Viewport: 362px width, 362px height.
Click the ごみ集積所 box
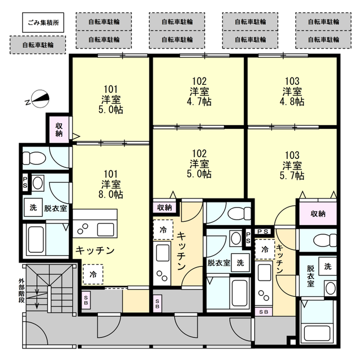[x=43, y=23]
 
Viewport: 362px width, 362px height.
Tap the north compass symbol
[x=40, y=99]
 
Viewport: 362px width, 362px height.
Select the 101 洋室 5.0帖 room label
[x=111, y=100]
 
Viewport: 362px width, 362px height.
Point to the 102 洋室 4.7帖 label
[x=199, y=91]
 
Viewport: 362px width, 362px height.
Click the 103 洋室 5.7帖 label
[x=292, y=165]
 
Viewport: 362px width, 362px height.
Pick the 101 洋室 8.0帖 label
[x=111, y=184]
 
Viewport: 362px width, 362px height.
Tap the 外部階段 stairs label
[x=21, y=290]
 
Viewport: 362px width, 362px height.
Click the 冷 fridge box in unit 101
[x=93, y=274]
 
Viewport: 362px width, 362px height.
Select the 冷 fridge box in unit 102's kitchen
[x=163, y=230]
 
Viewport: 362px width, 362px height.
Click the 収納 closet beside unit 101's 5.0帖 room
[x=59, y=130]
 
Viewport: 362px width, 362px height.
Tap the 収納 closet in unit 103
[x=318, y=214]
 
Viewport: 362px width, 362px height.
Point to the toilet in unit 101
[x=34, y=158]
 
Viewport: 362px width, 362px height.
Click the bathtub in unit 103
[x=318, y=333]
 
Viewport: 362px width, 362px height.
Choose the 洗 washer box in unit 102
[x=240, y=262]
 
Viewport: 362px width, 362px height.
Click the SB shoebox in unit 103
[x=264, y=312]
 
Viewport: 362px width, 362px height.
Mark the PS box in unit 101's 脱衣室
[x=25, y=183]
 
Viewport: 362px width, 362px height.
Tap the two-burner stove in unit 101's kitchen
[x=83, y=229]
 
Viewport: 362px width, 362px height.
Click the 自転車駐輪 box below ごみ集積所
[x=38, y=45]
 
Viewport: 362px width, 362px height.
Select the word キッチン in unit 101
[x=95, y=250]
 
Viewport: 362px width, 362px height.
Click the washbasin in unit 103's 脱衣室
[x=330, y=288]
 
